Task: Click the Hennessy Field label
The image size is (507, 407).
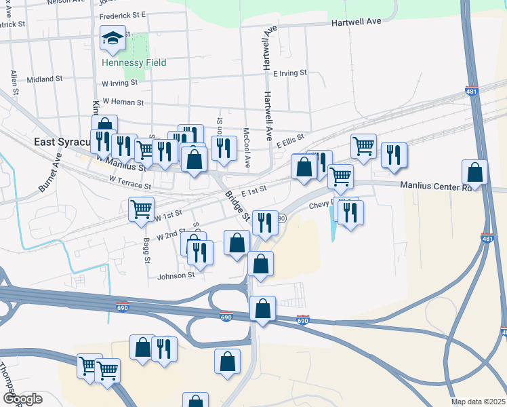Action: (x=134, y=62)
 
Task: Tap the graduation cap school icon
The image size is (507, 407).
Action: (x=113, y=38)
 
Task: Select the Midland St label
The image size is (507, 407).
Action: (x=45, y=79)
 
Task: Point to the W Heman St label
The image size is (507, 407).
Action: (x=123, y=102)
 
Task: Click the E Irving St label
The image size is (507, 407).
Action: (x=290, y=73)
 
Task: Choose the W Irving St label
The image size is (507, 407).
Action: (x=119, y=83)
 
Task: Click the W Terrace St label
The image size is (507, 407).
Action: (x=129, y=182)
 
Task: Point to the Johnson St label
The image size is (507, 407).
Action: (x=176, y=275)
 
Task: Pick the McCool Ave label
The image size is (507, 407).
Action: (x=247, y=148)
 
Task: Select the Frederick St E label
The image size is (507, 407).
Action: (x=123, y=14)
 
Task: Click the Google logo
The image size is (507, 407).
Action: (x=22, y=399)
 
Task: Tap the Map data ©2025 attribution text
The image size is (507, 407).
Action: (x=479, y=402)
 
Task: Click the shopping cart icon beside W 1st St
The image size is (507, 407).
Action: (x=141, y=209)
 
